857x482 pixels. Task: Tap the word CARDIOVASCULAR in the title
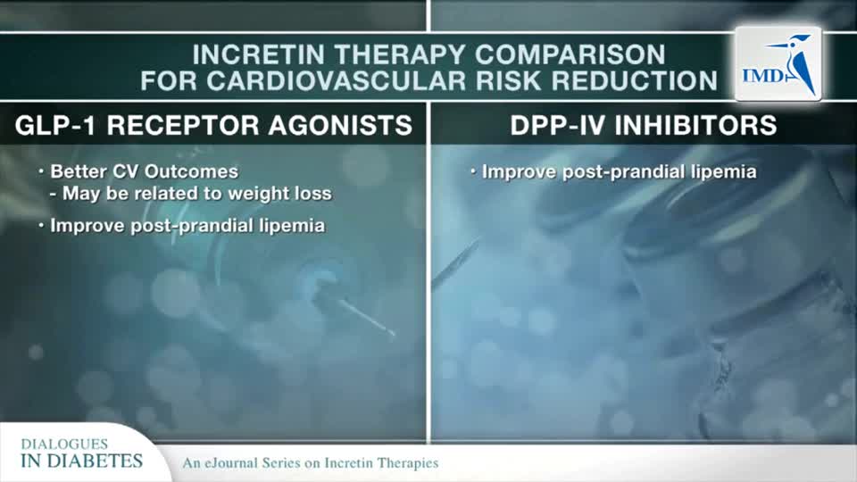[337, 81]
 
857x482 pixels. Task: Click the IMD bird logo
[778, 64]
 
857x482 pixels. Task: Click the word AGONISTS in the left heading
[340, 125]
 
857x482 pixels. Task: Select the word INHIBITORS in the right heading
[695, 125]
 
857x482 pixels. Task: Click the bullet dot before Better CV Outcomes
[41, 171]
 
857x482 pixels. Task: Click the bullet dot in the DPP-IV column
[473, 171]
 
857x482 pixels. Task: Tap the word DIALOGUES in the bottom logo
[64, 444]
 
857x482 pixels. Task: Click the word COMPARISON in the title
[570, 54]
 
